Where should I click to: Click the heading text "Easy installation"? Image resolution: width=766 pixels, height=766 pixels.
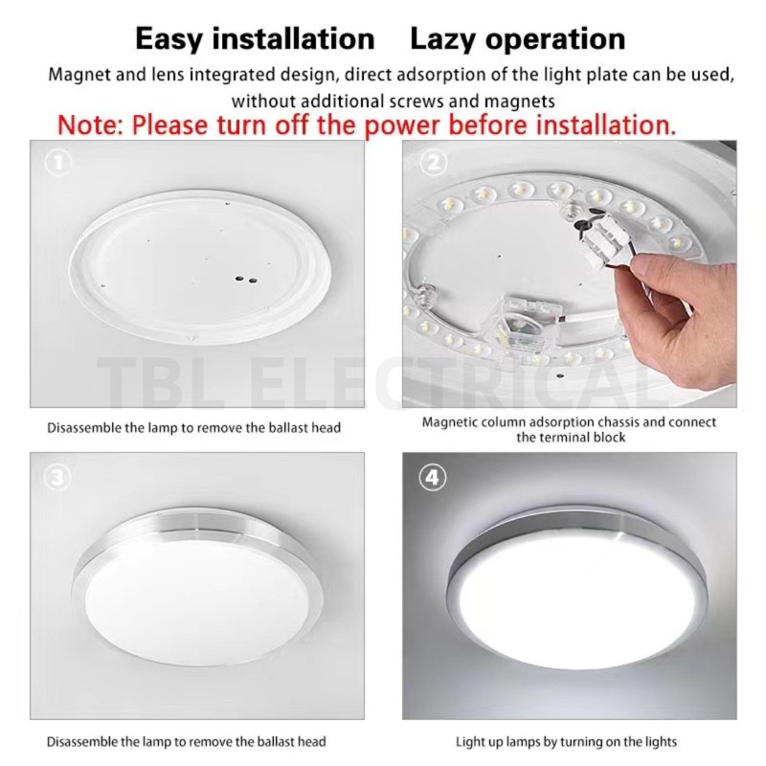pos(255,39)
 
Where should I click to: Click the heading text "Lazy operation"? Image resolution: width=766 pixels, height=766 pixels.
pos(518,39)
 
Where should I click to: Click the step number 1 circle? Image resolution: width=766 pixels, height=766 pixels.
pos(58,163)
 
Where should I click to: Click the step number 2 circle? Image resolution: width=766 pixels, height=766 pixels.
pos(434,163)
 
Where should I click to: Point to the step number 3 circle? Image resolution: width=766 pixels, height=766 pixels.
pos(57,477)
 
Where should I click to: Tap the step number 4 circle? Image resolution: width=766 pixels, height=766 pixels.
pos(433,477)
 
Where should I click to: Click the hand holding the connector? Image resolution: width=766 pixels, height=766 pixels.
pos(677,315)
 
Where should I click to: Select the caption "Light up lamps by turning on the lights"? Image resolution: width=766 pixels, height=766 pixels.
pos(566,741)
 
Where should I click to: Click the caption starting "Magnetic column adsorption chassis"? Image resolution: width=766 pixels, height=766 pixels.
pos(569,429)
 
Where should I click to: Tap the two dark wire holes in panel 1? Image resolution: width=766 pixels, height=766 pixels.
pos(246,280)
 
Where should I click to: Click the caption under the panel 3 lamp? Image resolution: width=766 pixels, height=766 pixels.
pos(186,741)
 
